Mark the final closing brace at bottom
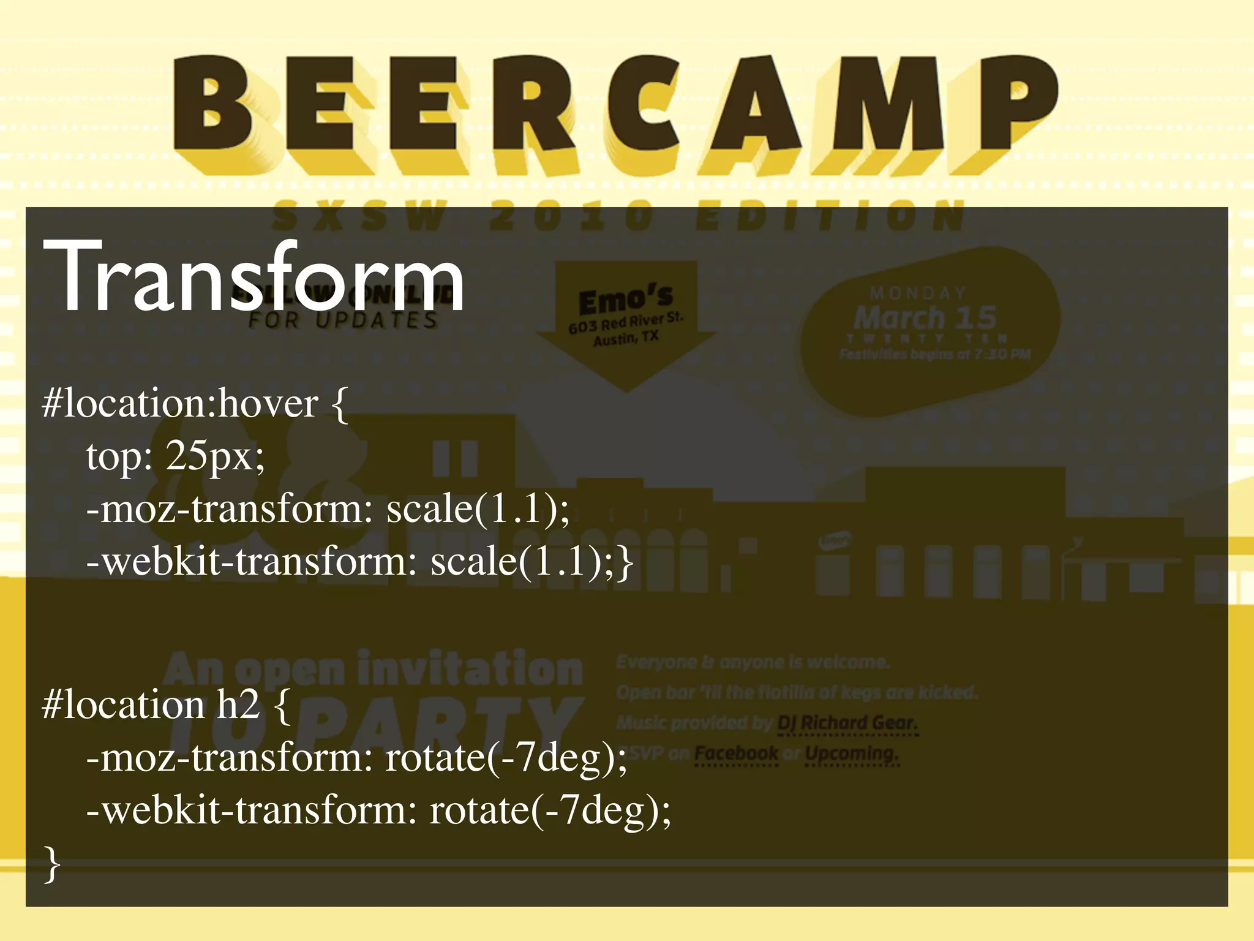(53, 864)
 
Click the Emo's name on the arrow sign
(625, 300)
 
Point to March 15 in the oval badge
(925, 317)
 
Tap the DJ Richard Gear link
(847, 724)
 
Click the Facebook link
(737, 754)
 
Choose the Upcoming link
(851, 754)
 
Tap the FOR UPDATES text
(343, 320)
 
